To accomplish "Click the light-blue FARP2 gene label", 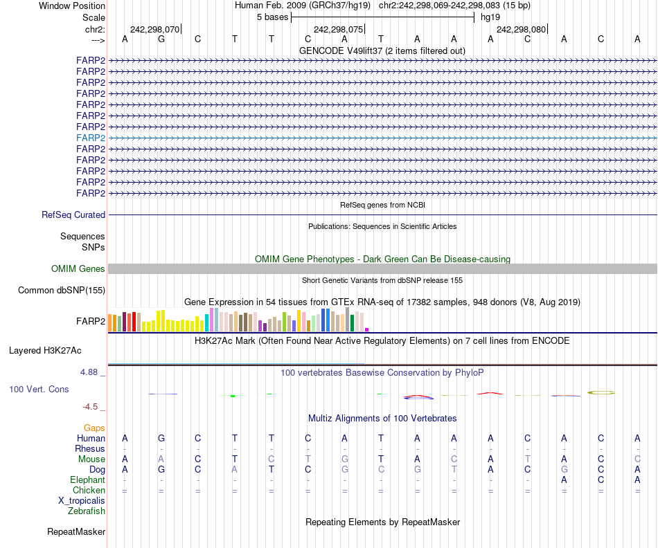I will [x=91, y=138].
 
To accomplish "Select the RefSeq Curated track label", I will [x=73, y=215].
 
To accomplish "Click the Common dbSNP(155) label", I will [x=61, y=291].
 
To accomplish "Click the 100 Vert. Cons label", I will [x=39, y=390].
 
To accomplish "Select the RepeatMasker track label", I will [x=76, y=532].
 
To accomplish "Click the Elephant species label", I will [x=87, y=480].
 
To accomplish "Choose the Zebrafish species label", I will [x=87, y=511].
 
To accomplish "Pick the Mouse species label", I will [x=91, y=459].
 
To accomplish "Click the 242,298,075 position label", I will [x=338, y=30].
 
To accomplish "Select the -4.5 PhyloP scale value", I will [x=91, y=407].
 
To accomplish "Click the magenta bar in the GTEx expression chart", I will [x=367, y=329].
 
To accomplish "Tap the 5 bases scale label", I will [x=272, y=17].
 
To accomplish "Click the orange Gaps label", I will [x=94, y=428].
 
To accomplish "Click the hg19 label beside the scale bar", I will [x=490, y=17].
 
